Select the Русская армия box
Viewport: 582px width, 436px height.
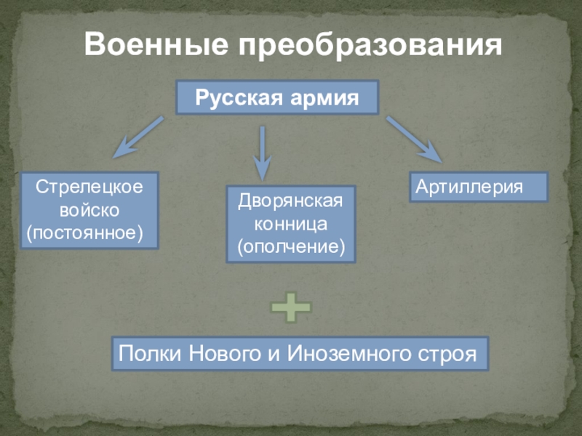point(277,97)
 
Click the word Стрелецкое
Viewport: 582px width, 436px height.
point(89,187)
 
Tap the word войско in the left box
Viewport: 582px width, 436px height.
point(89,211)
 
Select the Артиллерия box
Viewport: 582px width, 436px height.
point(478,187)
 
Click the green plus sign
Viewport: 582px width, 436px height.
point(290,308)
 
